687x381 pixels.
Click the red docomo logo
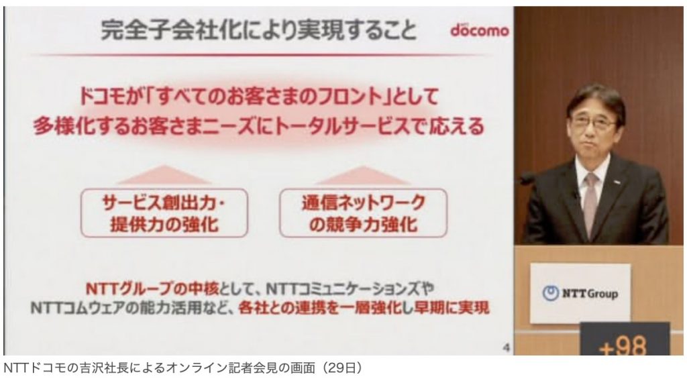tap(480, 30)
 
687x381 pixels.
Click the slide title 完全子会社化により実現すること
tap(259, 30)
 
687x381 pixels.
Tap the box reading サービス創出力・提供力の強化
tap(164, 213)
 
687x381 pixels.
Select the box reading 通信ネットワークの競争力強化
tap(363, 213)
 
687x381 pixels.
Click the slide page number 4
tap(506, 347)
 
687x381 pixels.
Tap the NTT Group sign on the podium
tap(580, 293)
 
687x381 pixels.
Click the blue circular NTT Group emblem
tap(550, 293)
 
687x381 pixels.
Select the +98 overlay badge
tap(625, 339)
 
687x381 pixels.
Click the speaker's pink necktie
tap(590, 205)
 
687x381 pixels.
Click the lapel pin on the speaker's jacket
tap(617, 182)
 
